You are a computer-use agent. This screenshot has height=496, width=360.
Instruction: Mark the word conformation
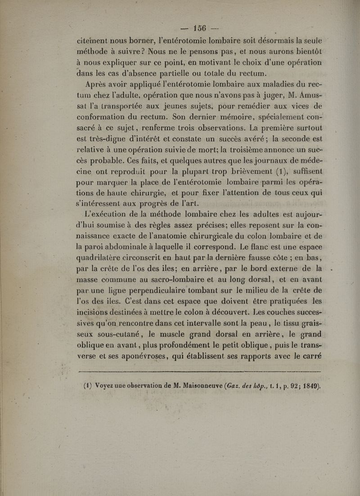(105, 112)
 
